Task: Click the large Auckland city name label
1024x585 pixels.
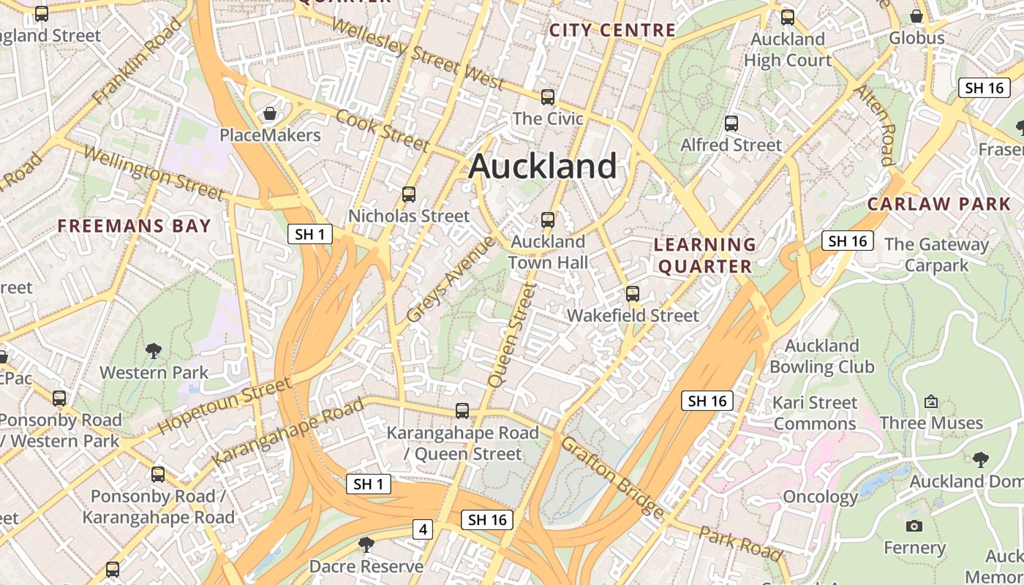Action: click(x=543, y=166)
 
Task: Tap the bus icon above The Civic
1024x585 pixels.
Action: click(x=547, y=97)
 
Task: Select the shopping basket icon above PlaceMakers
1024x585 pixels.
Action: click(x=270, y=114)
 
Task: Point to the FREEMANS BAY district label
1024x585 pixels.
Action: click(x=135, y=226)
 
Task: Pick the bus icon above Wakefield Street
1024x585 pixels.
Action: click(x=633, y=294)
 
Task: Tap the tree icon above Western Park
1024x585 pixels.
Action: click(x=154, y=351)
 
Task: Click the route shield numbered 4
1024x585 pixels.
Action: click(x=423, y=529)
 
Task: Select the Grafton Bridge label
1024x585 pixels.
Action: click(x=613, y=476)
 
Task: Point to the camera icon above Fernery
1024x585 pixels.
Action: click(x=914, y=526)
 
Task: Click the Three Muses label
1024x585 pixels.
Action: click(x=931, y=423)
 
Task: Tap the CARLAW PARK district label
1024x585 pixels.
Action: click(x=939, y=204)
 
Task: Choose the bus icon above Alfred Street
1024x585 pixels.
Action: click(x=731, y=124)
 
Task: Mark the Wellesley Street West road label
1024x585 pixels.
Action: click(x=418, y=53)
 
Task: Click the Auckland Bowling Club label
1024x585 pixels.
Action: click(x=822, y=356)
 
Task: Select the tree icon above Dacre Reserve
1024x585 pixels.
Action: click(x=366, y=545)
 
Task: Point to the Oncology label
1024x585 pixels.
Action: click(x=820, y=497)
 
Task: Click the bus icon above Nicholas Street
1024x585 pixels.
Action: click(x=408, y=195)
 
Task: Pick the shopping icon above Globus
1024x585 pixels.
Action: click(x=916, y=16)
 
